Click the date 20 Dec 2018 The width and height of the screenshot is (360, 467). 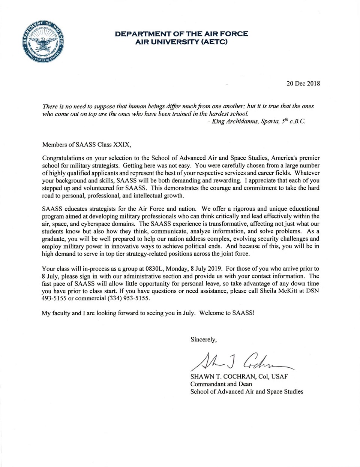(x=303, y=84)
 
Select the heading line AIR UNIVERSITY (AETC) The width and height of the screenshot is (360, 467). (x=181, y=42)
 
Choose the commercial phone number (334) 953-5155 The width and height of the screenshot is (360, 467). (x=129, y=298)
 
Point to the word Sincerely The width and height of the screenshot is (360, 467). (x=203, y=340)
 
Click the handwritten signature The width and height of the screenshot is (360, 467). (x=240, y=360)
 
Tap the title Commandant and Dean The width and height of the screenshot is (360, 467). (x=221, y=384)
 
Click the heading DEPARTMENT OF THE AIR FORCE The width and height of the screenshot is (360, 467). (x=181, y=34)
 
